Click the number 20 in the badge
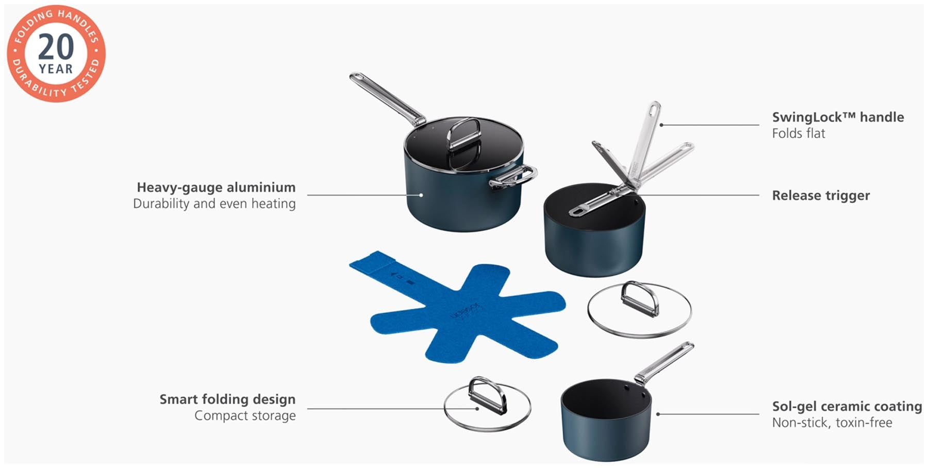(56, 47)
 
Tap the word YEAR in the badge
(56, 69)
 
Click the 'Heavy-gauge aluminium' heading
(216, 187)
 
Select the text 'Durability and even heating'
(214, 204)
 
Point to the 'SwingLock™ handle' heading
(838, 117)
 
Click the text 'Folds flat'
(799, 133)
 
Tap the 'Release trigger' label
(821, 195)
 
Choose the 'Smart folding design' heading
(227, 399)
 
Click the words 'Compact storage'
(245, 415)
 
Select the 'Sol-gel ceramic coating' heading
(847, 406)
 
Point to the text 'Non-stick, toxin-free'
(832, 423)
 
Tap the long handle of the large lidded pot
(387, 98)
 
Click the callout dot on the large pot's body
(421, 195)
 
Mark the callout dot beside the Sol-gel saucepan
(658, 414)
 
